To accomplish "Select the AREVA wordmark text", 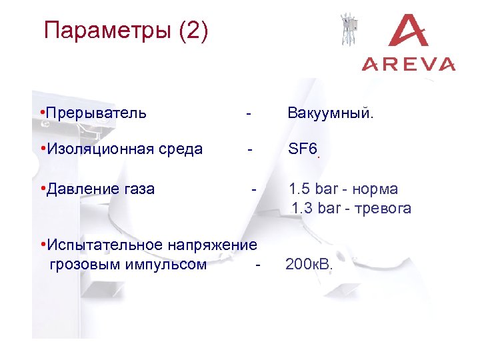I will coord(409,64).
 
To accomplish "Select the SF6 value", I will coord(301,149).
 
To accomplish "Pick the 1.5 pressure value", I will coord(299,189).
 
